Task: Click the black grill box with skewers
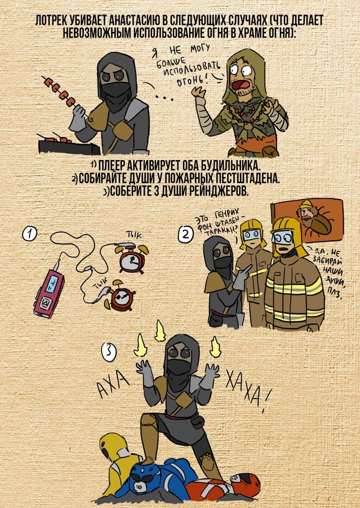(69, 146)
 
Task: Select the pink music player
(49, 288)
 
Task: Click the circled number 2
(186, 234)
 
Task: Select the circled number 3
(109, 353)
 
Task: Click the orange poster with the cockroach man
(307, 220)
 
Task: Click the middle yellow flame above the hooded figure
(159, 331)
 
